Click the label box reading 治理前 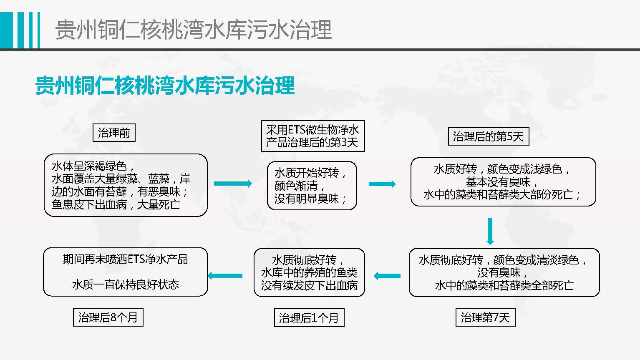coord(114,133)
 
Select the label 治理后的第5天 coord(488,136)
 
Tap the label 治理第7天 coord(485,317)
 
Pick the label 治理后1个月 coord(309,318)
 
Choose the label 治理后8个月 coord(108,317)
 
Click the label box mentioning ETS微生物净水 coord(312,136)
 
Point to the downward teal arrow coord(490,231)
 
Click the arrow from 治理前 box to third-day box coord(233,184)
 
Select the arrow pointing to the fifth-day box coord(382,184)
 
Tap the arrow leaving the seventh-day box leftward coord(387,276)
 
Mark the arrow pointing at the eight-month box coord(225,275)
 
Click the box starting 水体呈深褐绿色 coord(126,185)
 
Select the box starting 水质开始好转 coord(312,186)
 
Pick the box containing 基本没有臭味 coord(503,182)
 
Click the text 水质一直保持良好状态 coord(125,284)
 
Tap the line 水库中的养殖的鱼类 coord(309,272)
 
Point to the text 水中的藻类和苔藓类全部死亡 coord(504,285)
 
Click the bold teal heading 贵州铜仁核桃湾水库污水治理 coord(165,86)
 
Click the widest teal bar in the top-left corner coord(6,30)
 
